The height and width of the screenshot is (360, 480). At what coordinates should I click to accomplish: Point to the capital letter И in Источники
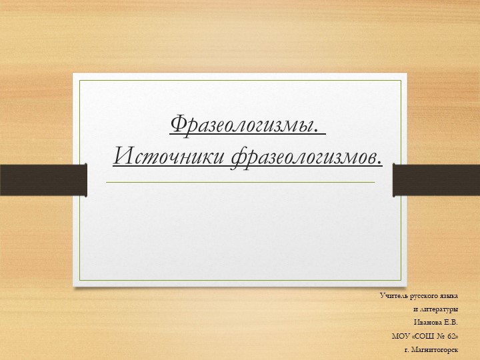[123, 157]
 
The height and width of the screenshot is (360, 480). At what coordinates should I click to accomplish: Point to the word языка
[449, 295]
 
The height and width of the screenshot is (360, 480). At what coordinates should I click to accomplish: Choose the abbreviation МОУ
[401, 337]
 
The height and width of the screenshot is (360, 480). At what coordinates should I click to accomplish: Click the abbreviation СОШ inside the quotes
[425, 337]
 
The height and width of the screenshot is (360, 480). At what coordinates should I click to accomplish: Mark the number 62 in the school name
[452, 337]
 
